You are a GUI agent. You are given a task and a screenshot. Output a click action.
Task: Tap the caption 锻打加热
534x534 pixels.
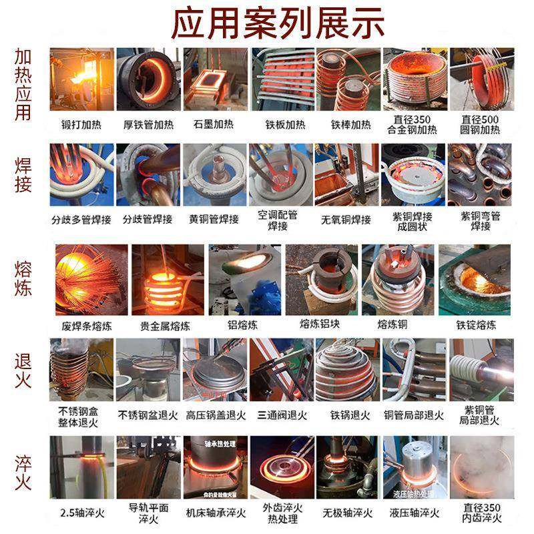tap(79, 124)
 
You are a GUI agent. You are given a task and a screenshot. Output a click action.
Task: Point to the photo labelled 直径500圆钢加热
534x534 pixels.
tap(481, 79)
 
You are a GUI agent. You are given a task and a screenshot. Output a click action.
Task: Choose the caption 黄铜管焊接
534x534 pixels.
tap(214, 219)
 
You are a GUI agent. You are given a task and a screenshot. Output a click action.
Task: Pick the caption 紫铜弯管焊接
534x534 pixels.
tap(481, 220)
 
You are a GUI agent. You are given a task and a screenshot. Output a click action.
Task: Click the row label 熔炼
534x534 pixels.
tap(23, 279)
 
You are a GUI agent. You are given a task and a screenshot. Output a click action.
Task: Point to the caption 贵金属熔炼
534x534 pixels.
tap(165, 326)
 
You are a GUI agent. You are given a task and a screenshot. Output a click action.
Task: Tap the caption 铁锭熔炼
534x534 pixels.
tap(476, 325)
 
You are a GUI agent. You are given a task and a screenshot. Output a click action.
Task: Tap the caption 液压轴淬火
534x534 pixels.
tap(415, 513)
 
